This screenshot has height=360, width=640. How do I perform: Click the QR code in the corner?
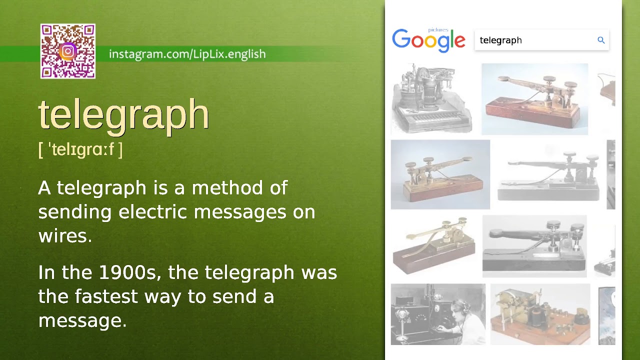68,51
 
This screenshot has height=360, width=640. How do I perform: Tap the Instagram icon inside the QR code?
68,51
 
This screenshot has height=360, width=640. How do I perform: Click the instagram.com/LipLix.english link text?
187,54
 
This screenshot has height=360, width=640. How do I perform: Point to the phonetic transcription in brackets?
80,149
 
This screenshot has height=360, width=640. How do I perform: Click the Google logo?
428,40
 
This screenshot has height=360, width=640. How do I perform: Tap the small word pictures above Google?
438,30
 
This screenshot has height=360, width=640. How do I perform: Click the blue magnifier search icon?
601,40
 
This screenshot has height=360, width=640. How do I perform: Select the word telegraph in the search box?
500,40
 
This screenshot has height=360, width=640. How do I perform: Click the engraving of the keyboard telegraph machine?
431,99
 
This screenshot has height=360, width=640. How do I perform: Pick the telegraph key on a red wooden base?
534,99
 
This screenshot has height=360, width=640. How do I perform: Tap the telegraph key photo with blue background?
440,174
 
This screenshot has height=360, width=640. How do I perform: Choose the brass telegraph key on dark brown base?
434,245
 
